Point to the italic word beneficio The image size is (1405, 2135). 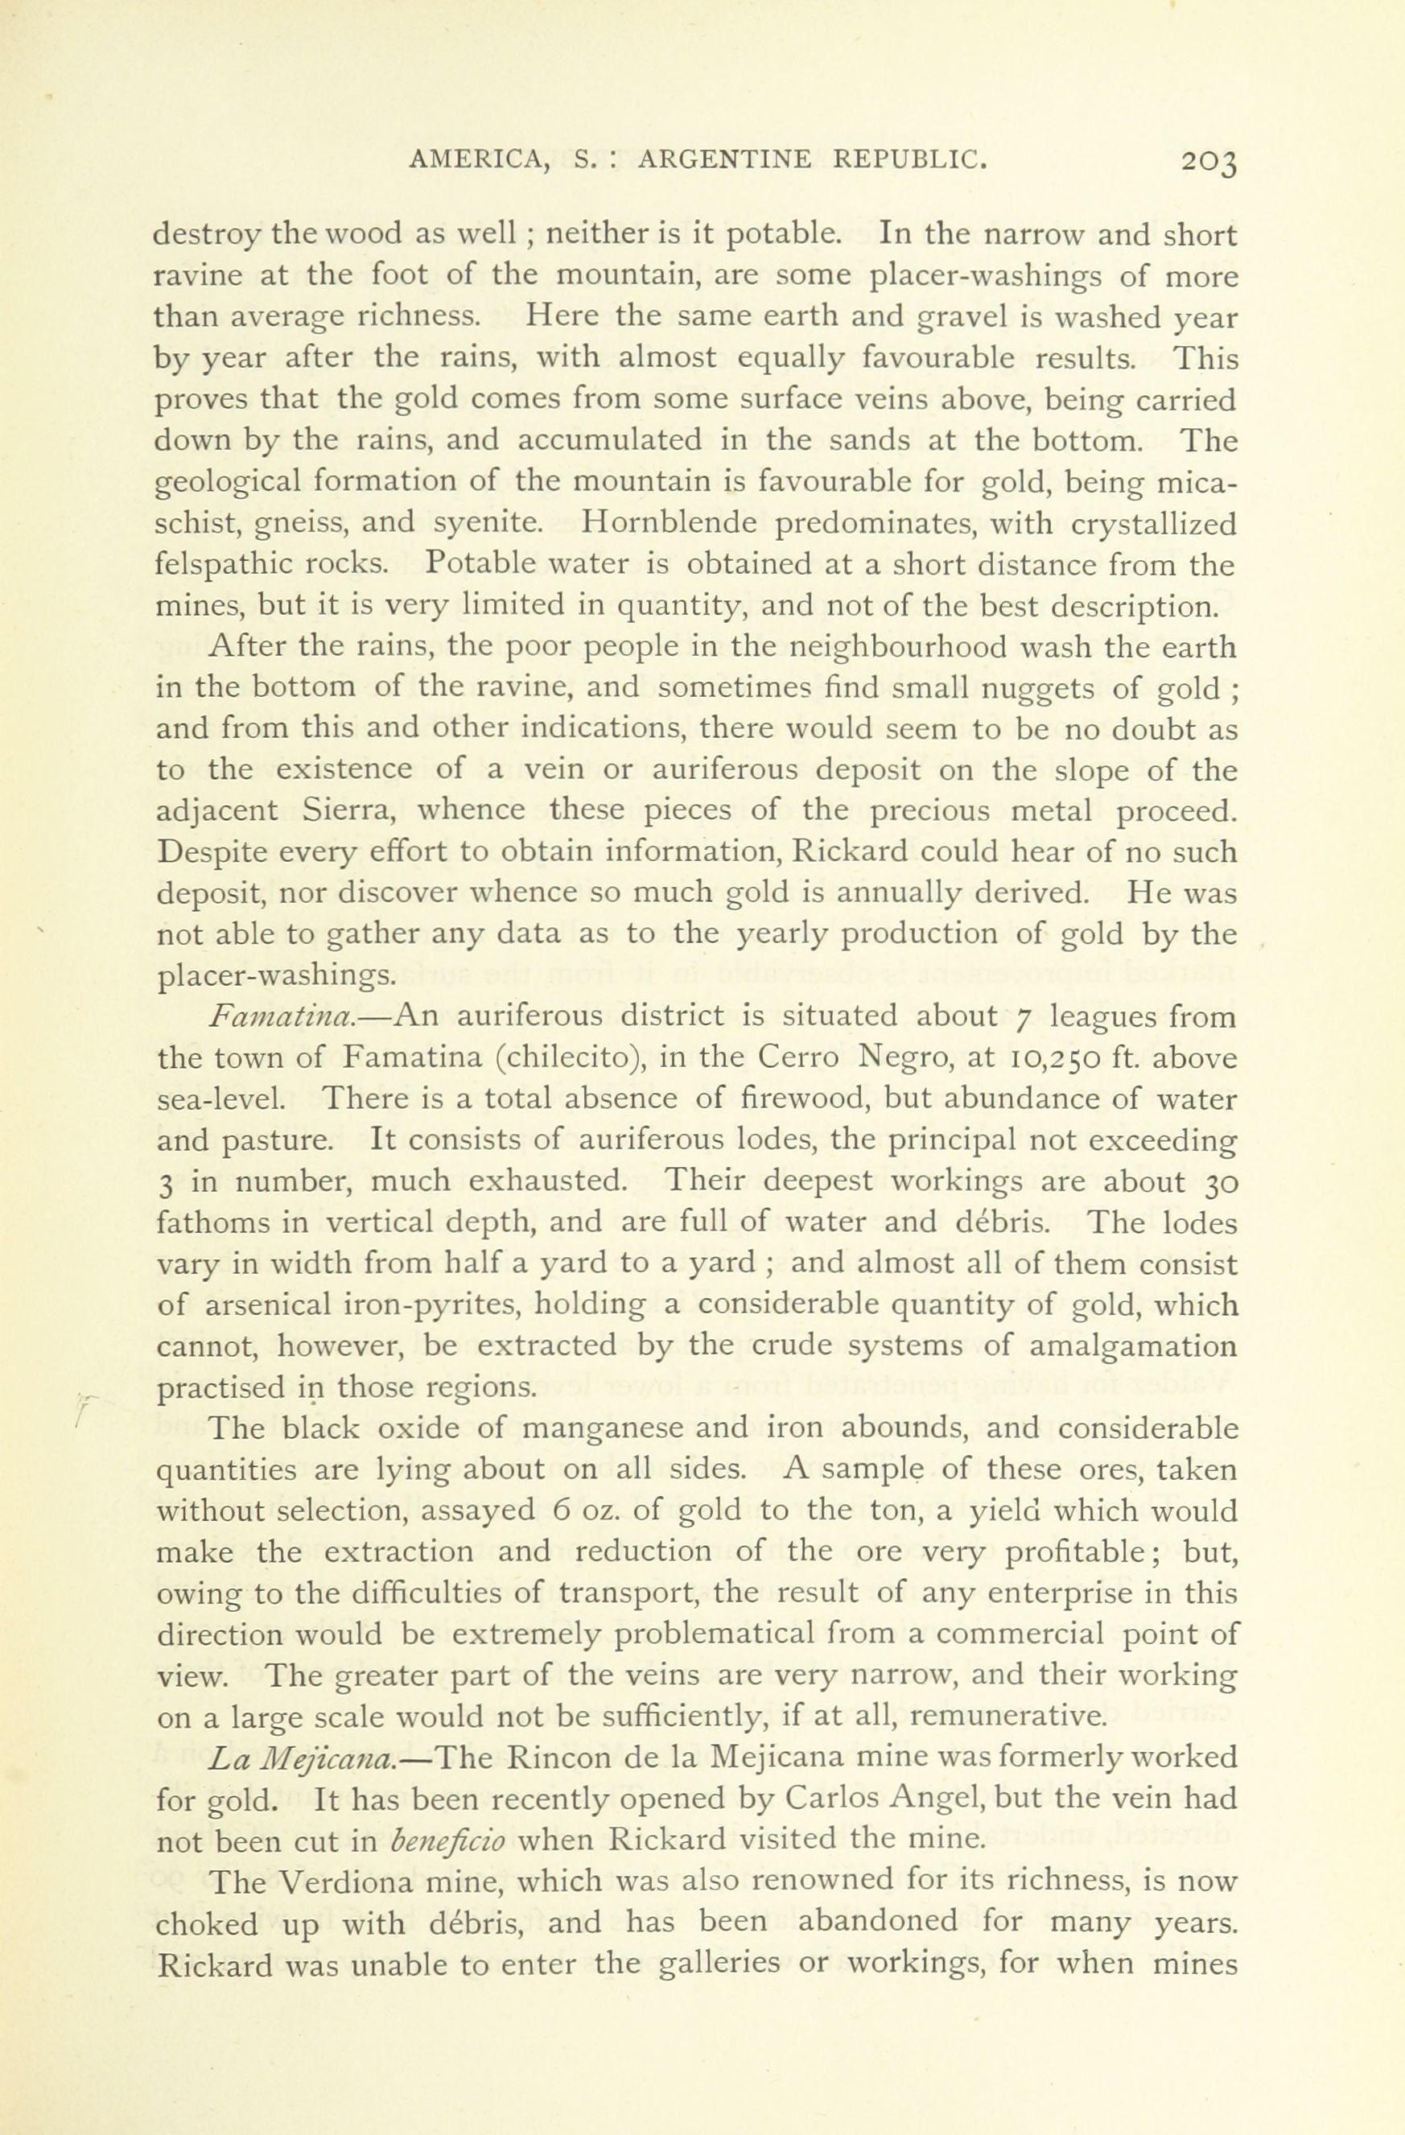448,1841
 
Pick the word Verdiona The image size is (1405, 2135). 346,1883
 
